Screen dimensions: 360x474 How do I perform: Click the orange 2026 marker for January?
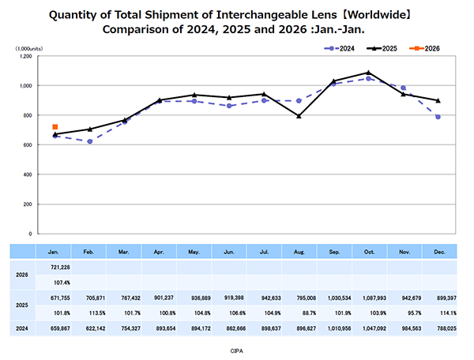click(55, 126)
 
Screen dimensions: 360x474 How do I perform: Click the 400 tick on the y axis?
click(27, 174)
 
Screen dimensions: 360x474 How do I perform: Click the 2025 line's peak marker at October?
click(368, 73)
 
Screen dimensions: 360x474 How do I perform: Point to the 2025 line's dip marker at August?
click(299, 116)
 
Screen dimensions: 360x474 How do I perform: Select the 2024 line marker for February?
click(90, 141)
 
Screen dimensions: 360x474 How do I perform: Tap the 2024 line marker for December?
click(438, 117)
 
